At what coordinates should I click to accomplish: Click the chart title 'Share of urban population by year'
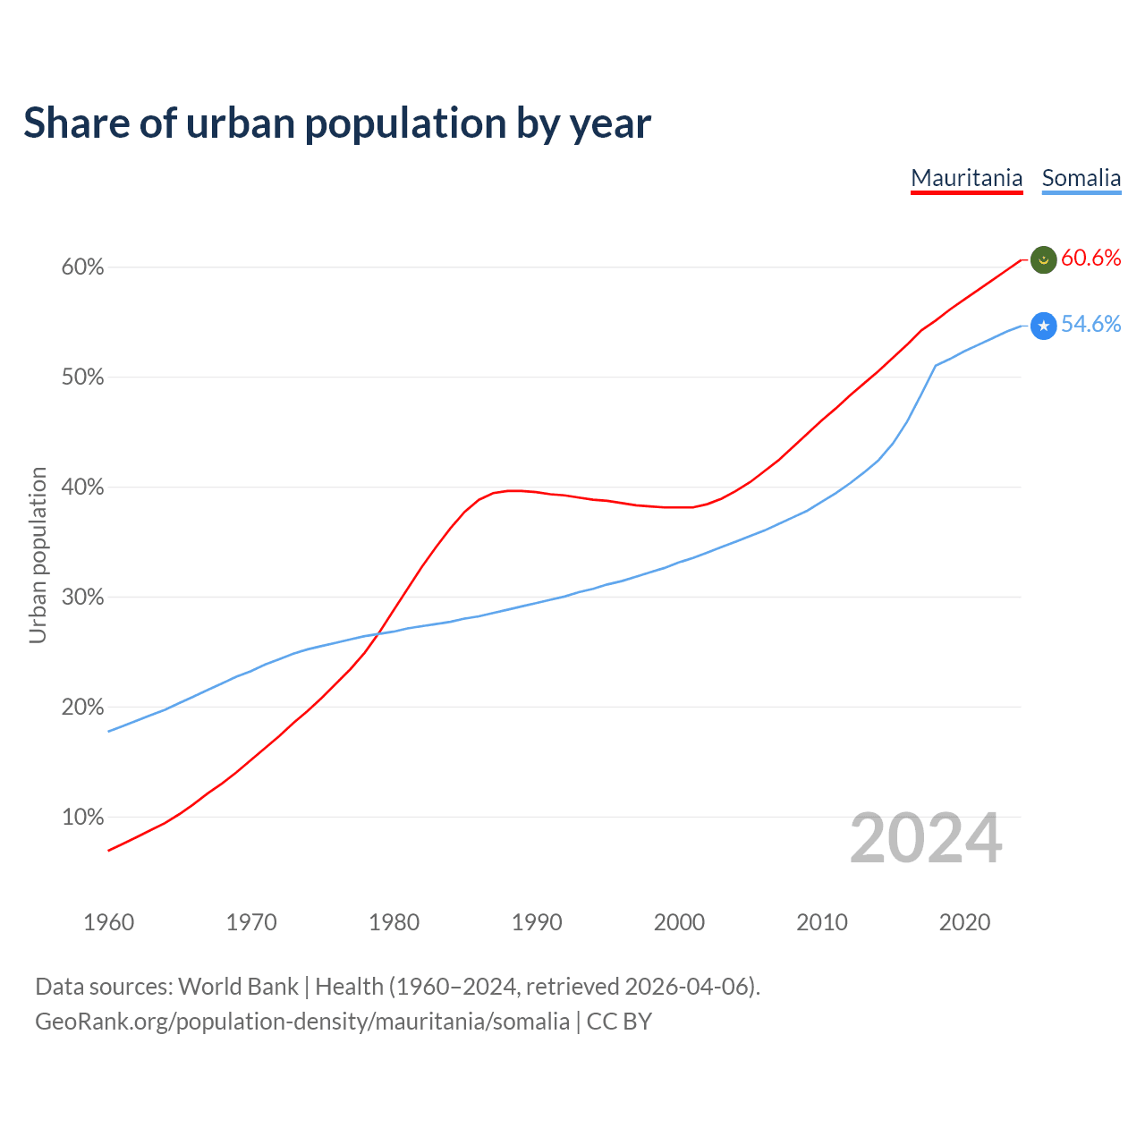337,123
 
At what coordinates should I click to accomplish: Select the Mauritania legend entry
966,178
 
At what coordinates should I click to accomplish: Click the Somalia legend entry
1081,178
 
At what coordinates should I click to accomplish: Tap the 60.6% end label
1090,259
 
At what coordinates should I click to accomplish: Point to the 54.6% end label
1090,325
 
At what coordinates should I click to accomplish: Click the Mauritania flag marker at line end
1044,260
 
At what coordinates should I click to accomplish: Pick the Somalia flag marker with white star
1044,327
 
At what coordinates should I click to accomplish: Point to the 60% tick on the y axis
83,267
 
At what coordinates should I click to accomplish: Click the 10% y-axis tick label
83,818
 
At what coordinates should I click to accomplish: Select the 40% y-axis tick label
83,488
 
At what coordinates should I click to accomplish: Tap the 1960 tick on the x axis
108,922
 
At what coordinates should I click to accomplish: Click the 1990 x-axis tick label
537,922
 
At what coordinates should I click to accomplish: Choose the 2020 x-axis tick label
964,922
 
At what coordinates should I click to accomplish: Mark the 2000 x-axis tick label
679,922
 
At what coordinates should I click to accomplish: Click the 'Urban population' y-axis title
38,555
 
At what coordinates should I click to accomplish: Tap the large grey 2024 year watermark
926,839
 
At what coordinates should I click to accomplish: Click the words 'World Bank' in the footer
238,987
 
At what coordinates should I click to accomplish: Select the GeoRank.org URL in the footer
302,1022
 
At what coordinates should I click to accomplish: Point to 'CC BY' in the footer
619,1022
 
